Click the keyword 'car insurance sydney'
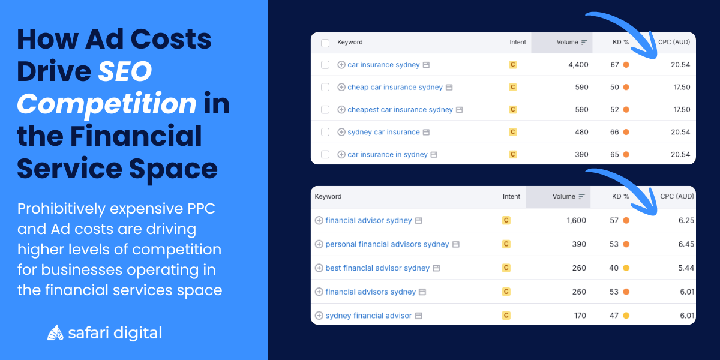[383, 65]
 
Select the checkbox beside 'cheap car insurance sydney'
[325, 87]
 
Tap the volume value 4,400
[578, 65]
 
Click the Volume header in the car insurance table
[567, 43]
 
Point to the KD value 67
[614, 65]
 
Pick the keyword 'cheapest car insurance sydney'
[400, 110]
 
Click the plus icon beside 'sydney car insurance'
[341, 132]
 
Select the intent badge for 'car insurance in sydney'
[512, 154]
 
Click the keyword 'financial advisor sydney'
[368, 220]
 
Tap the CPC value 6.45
[685, 244]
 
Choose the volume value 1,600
[576, 220]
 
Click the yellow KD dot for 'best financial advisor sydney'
[626, 268]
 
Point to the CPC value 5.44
[685, 268]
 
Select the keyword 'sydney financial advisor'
[368, 316]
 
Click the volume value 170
[580, 316]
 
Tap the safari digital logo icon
[55, 332]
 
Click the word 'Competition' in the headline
[107, 104]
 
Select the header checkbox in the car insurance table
[325, 43]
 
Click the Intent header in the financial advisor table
[511, 196]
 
